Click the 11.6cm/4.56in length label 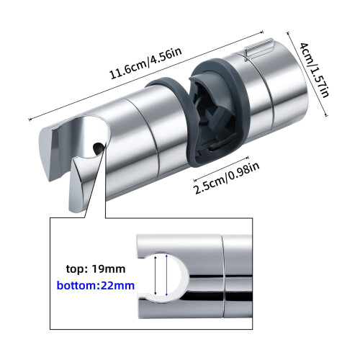(145, 63)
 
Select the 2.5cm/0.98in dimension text (227, 178)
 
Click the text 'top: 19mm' (96, 269)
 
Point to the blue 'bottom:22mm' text (96, 286)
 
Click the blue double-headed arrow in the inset (166, 275)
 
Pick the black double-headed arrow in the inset (156, 275)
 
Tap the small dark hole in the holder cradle (98, 148)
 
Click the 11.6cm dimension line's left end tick (30, 119)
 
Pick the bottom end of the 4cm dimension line (326, 116)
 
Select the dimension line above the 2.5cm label (221, 168)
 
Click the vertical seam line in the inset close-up (224, 276)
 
